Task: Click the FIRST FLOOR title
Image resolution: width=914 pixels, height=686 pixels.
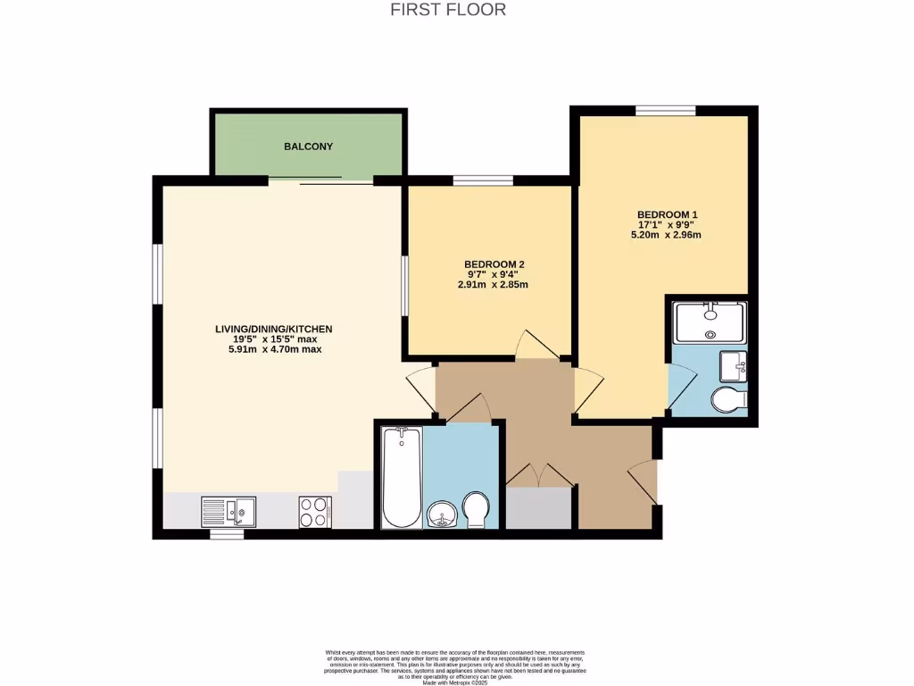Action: [x=448, y=10]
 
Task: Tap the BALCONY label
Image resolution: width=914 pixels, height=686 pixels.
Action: [x=308, y=146]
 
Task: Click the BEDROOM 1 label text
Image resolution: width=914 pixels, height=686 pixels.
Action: [x=667, y=214]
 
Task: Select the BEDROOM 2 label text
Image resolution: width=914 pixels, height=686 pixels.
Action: [x=493, y=264]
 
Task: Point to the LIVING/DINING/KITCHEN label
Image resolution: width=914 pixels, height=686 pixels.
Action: [x=273, y=329]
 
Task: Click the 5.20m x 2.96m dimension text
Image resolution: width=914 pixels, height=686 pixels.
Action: [x=666, y=235]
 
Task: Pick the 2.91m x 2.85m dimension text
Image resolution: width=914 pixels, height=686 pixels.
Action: [x=493, y=285]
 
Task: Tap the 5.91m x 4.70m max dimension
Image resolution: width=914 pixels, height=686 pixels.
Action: [x=274, y=349]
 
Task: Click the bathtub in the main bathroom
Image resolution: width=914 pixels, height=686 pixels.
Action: [x=402, y=477]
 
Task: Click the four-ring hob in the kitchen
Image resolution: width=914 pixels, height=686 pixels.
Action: [x=314, y=513]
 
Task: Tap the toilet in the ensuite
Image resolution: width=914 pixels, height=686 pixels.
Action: [x=728, y=399]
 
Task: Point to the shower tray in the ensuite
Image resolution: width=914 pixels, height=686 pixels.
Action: [x=710, y=322]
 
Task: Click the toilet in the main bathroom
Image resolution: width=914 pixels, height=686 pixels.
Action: [x=477, y=509]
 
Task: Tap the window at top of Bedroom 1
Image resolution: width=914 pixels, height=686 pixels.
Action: [x=665, y=111]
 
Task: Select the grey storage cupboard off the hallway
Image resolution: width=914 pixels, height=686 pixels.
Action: [x=539, y=508]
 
